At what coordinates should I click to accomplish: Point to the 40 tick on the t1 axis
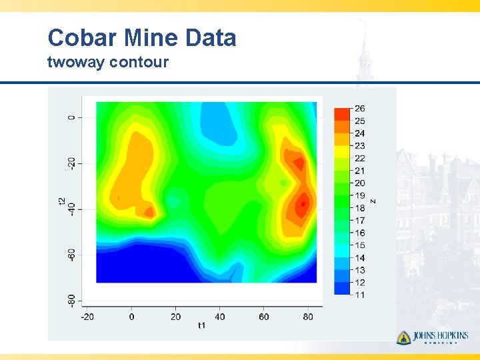pos(220,317)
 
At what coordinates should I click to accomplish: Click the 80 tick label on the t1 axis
pos(308,317)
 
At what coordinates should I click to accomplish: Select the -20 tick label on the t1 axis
pos(87,317)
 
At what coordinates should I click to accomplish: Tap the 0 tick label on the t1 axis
pos(131,317)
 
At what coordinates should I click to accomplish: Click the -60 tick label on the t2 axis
pos(71,254)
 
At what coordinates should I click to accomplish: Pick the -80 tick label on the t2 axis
pos(71,299)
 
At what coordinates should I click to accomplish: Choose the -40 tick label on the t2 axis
pos(71,209)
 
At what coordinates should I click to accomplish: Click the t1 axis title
pos(201,326)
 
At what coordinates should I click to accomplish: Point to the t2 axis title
pos(62,202)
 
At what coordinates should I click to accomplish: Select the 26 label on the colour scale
pos(360,109)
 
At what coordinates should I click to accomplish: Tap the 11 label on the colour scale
pos(360,295)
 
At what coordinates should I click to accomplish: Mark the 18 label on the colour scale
pos(360,208)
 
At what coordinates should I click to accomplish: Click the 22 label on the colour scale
pos(360,159)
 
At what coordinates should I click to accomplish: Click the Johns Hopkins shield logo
pos(403,337)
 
